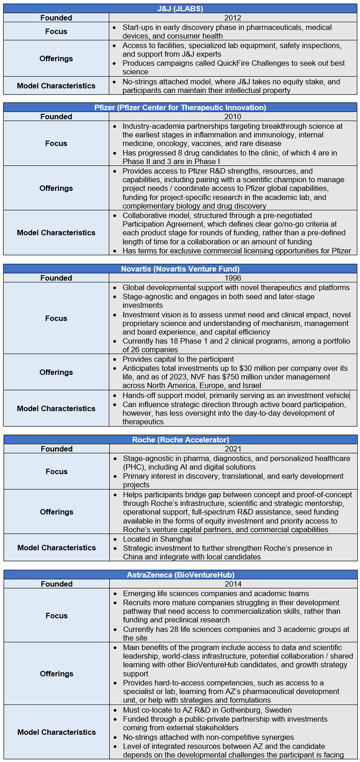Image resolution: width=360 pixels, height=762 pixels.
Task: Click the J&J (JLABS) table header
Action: (x=180, y=9)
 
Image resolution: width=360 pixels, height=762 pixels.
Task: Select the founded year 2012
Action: (x=233, y=18)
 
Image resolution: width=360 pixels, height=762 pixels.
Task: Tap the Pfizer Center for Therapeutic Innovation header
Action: (x=180, y=108)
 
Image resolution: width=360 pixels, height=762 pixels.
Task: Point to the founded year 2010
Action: (x=233, y=117)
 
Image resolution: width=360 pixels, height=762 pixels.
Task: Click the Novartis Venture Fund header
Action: (x=180, y=269)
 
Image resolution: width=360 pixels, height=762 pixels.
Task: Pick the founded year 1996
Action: (x=233, y=278)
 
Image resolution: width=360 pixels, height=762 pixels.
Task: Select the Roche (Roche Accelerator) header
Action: (x=180, y=440)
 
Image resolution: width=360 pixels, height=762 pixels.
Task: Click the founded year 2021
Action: (x=233, y=449)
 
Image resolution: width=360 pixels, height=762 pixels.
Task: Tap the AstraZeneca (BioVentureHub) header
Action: (x=180, y=575)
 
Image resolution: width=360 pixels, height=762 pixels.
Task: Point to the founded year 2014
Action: (x=233, y=584)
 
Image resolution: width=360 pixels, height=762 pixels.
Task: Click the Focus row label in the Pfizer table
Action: (x=56, y=143)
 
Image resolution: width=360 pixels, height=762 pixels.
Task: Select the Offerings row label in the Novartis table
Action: (x=56, y=372)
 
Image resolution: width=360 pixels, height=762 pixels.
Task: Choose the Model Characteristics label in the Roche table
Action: (x=56, y=547)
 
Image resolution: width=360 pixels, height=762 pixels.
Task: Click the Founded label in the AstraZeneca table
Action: (x=56, y=584)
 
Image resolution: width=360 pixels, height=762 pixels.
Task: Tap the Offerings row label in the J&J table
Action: (x=56, y=59)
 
